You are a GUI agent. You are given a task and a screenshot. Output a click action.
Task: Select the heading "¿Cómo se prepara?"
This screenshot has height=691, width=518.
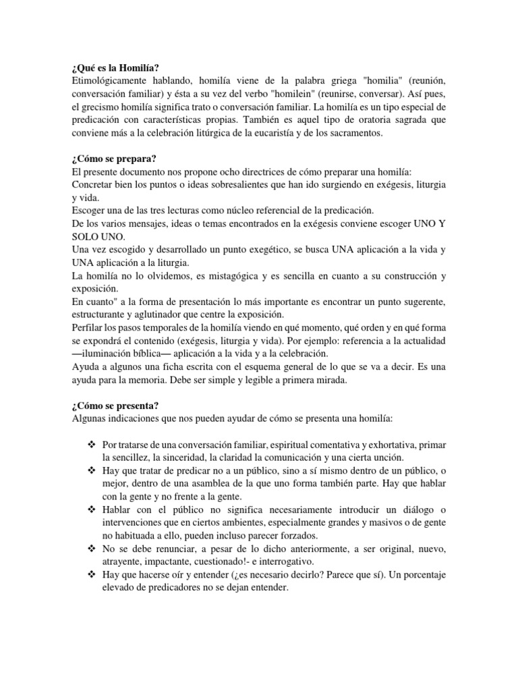[113, 159]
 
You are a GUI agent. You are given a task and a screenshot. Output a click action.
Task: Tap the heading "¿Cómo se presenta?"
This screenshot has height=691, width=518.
[114, 405]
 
